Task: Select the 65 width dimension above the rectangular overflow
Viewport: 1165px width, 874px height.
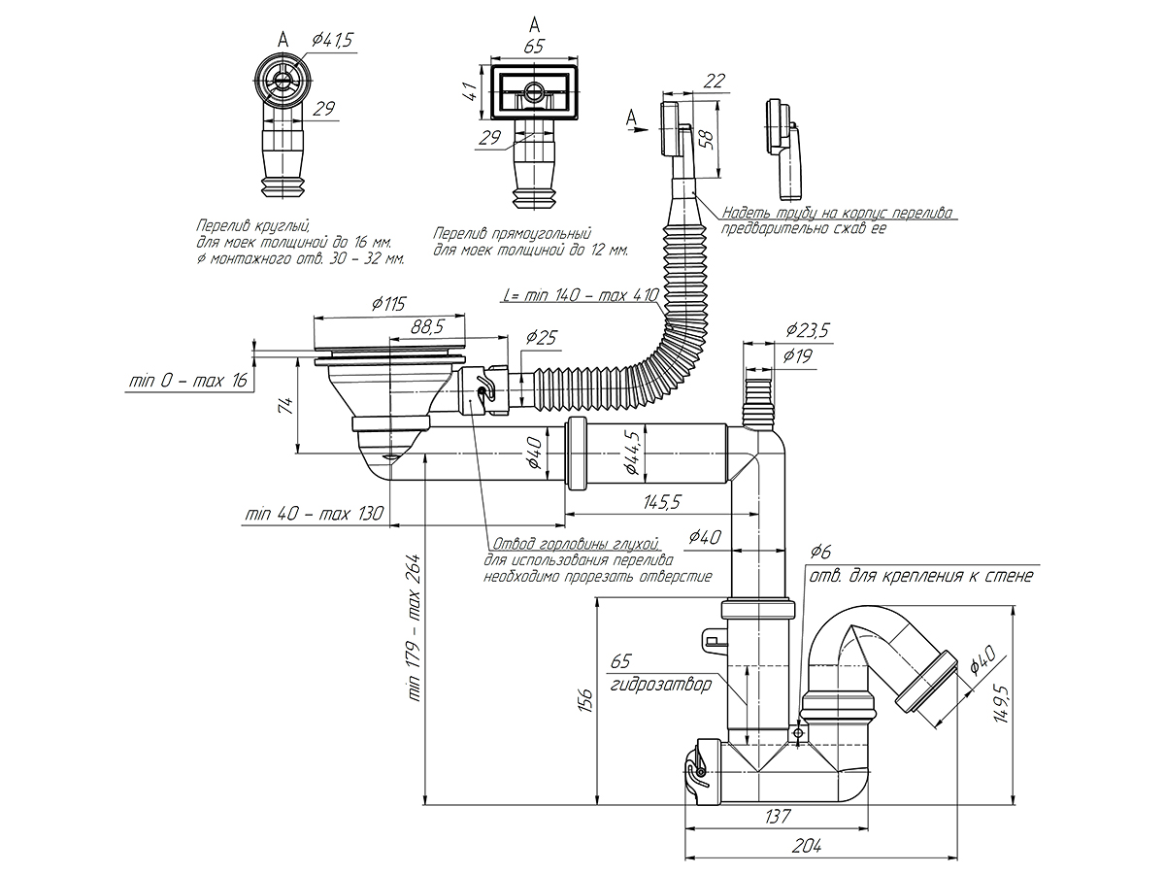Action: pyautogui.click(x=533, y=46)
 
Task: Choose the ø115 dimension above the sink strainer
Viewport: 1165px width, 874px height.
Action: pyautogui.click(x=388, y=304)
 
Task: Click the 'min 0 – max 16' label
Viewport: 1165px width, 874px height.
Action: pyautogui.click(x=188, y=381)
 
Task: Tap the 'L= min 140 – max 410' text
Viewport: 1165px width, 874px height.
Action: pyautogui.click(x=582, y=294)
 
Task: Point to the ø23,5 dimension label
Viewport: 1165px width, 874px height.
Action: pyautogui.click(x=807, y=330)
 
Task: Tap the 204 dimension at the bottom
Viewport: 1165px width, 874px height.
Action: pyautogui.click(x=805, y=846)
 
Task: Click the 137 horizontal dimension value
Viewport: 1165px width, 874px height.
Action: pyautogui.click(x=777, y=814)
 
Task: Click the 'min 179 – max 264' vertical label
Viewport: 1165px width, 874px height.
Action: pyautogui.click(x=414, y=628)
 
